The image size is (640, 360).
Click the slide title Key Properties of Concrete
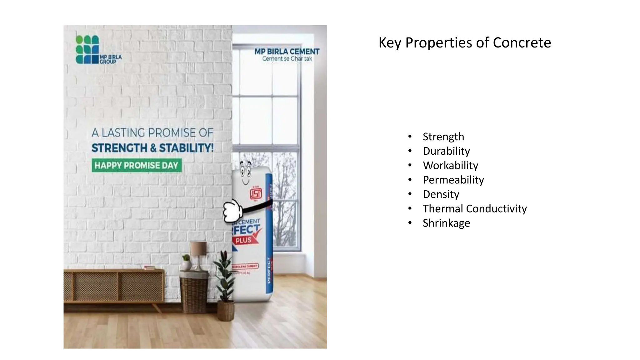tap(464, 42)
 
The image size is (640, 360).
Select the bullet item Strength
tap(443, 137)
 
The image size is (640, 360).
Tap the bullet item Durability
tap(446, 151)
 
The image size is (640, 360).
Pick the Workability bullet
tap(450, 165)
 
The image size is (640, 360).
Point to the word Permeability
tap(453, 180)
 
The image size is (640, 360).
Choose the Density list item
tap(441, 194)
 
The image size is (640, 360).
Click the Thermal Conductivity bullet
tap(474, 208)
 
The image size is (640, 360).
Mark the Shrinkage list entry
tap(446, 223)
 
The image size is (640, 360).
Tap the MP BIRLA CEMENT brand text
tap(287, 51)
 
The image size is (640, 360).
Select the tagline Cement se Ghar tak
tap(287, 59)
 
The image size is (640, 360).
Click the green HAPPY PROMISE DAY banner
tap(137, 165)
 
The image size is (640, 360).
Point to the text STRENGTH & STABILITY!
tap(152, 148)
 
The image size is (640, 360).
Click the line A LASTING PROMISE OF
tap(152, 133)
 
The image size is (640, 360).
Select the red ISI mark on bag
tap(256, 194)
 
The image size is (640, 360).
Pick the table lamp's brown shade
tap(198, 248)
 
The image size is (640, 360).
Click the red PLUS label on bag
tap(244, 240)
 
